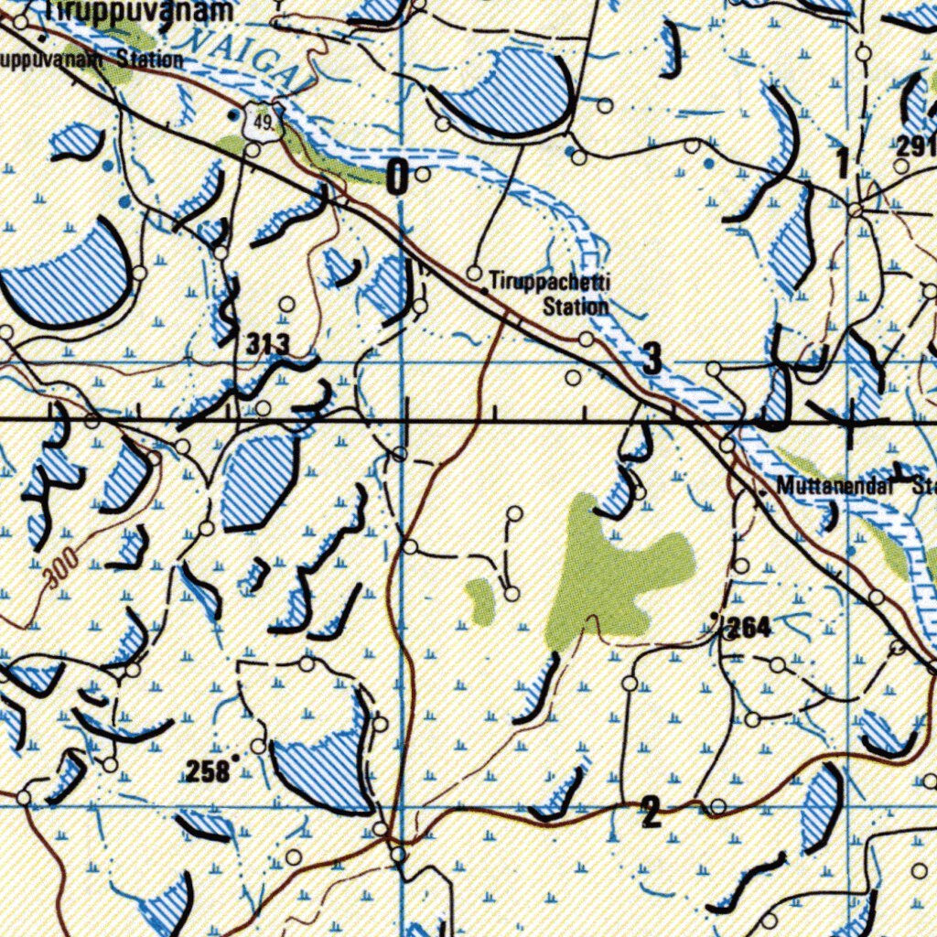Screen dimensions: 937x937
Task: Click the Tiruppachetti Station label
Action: [549, 293]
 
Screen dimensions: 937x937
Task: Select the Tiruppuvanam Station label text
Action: [92, 60]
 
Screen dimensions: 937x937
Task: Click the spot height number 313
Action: [268, 344]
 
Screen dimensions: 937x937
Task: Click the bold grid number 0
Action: [398, 176]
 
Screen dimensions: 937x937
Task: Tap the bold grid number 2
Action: [651, 812]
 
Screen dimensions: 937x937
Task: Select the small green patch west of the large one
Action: [479, 600]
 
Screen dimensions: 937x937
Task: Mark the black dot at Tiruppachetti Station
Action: [484, 289]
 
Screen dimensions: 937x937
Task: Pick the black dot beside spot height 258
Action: [235, 758]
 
